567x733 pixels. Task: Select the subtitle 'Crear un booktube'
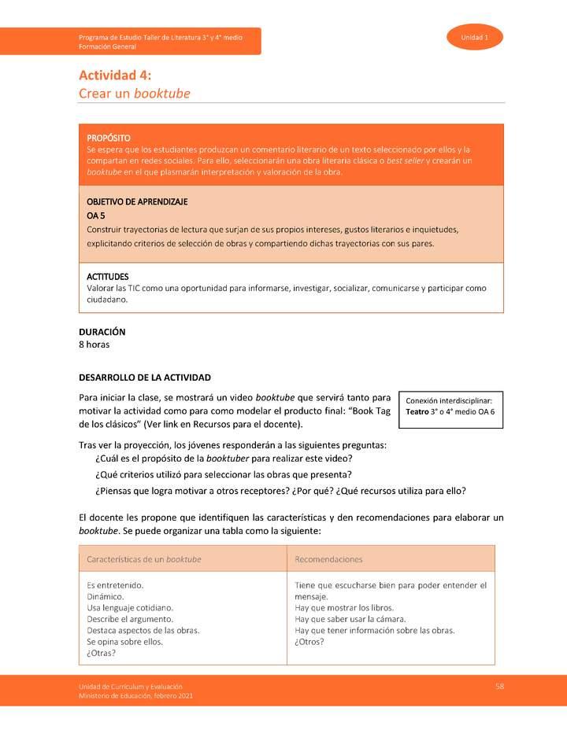click(134, 94)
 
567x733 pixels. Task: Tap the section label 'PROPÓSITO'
click(109, 138)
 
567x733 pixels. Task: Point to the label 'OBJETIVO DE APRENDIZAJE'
click(137, 202)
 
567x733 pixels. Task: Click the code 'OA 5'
click(95, 215)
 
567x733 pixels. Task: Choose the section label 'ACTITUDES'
click(107, 277)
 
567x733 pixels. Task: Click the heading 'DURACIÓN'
click(102, 332)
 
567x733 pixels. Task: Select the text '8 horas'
click(94, 344)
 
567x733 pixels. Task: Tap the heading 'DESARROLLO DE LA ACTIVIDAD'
click(145, 378)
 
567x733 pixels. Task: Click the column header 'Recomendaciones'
click(328, 559)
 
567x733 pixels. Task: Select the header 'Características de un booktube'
click(144, 559)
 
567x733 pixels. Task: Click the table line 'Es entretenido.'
click(115, 585)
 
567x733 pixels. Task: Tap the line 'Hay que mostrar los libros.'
click(344, 608)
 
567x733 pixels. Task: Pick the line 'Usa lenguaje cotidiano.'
click(130, 608)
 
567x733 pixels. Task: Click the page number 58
click(499, 687)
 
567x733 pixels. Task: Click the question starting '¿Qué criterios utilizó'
click(223, 474)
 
